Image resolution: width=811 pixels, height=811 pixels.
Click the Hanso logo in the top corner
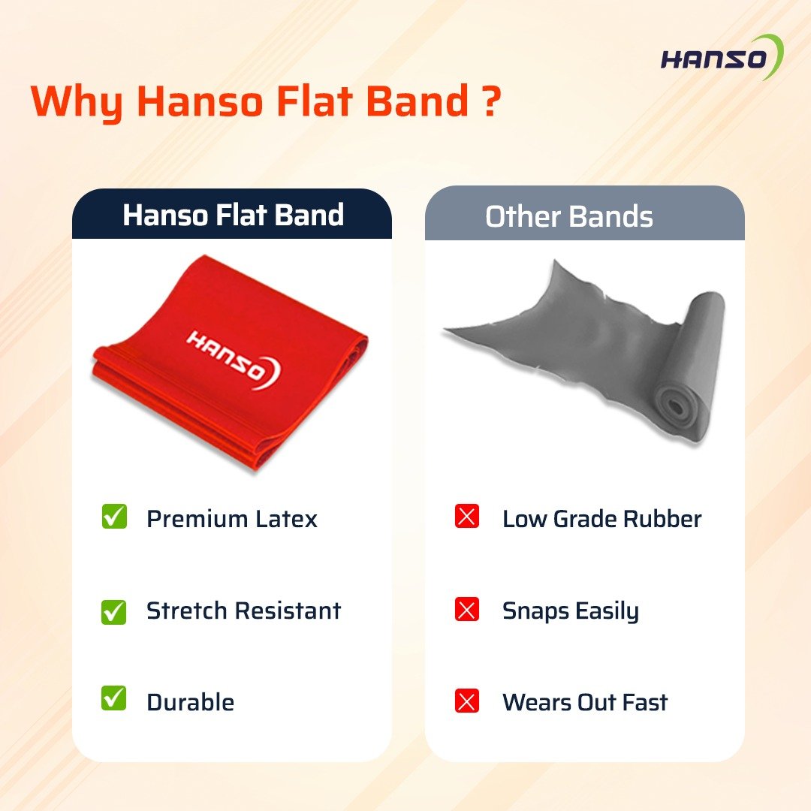tap(722, 57)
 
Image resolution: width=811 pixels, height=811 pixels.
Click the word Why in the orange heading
tap(77, 103)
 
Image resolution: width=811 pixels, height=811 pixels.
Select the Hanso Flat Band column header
tap(232, 215)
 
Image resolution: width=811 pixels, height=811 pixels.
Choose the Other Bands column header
tap(584, 215)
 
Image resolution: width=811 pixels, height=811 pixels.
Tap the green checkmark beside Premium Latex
tap(114, 516)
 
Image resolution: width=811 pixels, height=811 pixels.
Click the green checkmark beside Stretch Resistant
tap(114, 611)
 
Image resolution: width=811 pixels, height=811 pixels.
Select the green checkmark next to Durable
tap(114, 698)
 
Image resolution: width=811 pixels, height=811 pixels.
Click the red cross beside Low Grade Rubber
tap(466, 516)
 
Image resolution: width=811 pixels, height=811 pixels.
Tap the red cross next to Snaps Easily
tap(466, 609)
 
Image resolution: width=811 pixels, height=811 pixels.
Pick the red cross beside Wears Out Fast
tap(466, 701)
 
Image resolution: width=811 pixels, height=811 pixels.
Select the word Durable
tap(190, 702)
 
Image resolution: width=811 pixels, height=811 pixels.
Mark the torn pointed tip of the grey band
tap(445, 330)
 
